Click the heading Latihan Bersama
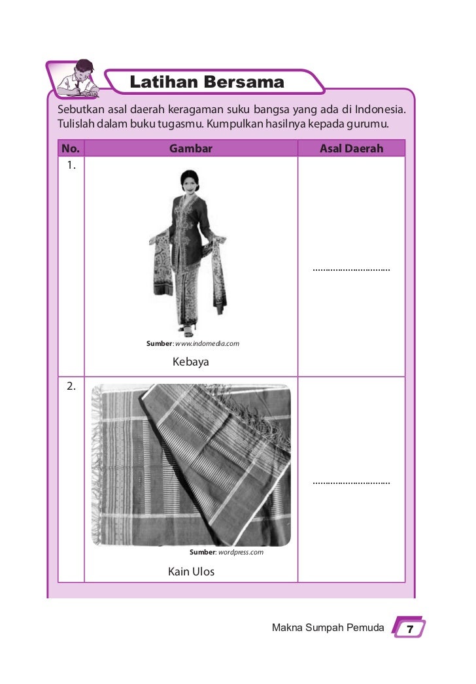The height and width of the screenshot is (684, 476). (x=207, y=83)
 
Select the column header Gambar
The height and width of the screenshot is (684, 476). (x=191, y=148)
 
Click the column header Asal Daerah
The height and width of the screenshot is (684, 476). (x=351, y=148)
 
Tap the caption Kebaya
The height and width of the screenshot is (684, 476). (x=191, y=361)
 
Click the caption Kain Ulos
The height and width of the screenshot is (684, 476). (x=191, y=572)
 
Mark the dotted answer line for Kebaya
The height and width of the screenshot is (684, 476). (x=351, y=269)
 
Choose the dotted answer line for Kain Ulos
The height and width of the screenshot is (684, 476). (x=351, y=483)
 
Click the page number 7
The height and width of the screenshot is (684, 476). (x=409, y=629)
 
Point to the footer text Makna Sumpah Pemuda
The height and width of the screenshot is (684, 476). (x=328, y=628)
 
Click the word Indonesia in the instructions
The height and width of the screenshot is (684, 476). (x=377, y=107)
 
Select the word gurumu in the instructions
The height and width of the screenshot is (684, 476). (x=370, y=122)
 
